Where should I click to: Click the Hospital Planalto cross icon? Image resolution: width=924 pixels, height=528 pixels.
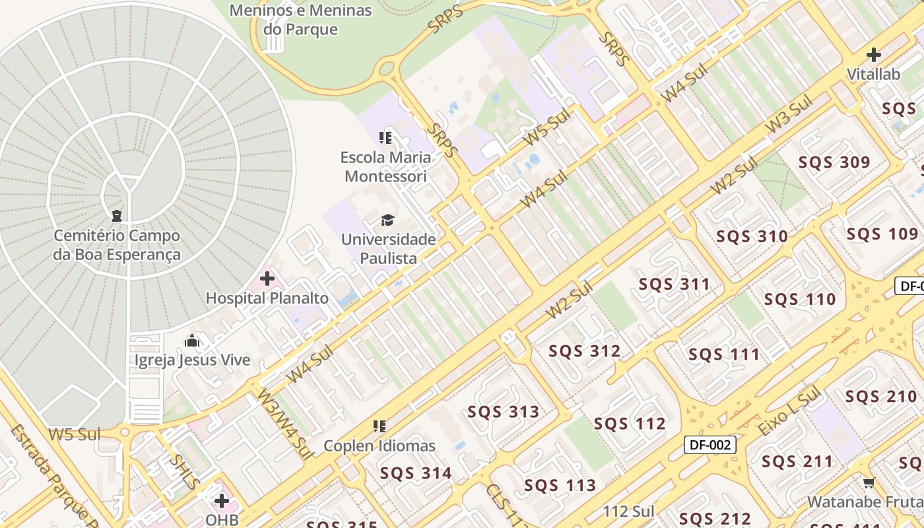267,279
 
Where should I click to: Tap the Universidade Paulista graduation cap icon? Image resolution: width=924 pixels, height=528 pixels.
387,220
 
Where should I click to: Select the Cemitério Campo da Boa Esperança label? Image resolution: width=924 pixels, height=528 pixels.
117,245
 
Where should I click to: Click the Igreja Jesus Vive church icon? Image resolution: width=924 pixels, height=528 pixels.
192,341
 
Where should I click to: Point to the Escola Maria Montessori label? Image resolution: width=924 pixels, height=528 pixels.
385,167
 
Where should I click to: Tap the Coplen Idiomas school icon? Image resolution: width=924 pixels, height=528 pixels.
379,427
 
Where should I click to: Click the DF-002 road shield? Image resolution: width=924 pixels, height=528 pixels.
709,445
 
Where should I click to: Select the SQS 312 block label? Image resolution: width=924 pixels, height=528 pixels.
584,351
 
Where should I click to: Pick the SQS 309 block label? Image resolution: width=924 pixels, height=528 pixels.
834,162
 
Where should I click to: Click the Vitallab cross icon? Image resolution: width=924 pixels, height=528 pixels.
874,55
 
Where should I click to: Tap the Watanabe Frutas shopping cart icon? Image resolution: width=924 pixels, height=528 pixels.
869,483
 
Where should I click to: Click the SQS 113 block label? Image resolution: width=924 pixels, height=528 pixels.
560,486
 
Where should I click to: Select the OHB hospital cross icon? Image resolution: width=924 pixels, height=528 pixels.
222,500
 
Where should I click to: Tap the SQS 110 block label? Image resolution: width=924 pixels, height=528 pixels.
800,300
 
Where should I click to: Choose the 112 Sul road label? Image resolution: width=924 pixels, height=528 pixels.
628,511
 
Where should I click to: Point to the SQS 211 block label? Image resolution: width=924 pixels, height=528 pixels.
797,461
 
